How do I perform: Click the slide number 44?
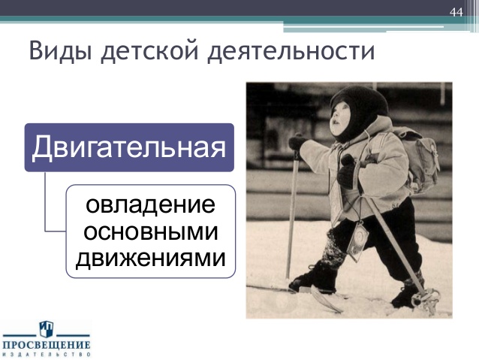[x=456, y=13]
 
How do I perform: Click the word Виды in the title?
[x=61, y=51]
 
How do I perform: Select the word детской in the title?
[x=150, y=52]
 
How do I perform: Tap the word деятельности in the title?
[x=291, y=52]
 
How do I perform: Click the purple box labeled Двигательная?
[x=129, y=147]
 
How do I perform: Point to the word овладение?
[x=150, y=204]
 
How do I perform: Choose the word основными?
[x=151, y=232]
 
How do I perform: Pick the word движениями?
[x=151, y=259]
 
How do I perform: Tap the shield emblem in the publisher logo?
[x=46, y=329]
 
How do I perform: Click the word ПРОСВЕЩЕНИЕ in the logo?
[x=47, y=345]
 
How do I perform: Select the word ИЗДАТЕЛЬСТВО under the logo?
[x=47, y=355]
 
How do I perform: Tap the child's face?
[x=339, y=118]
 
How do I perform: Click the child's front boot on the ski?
[x=314, y=277]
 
